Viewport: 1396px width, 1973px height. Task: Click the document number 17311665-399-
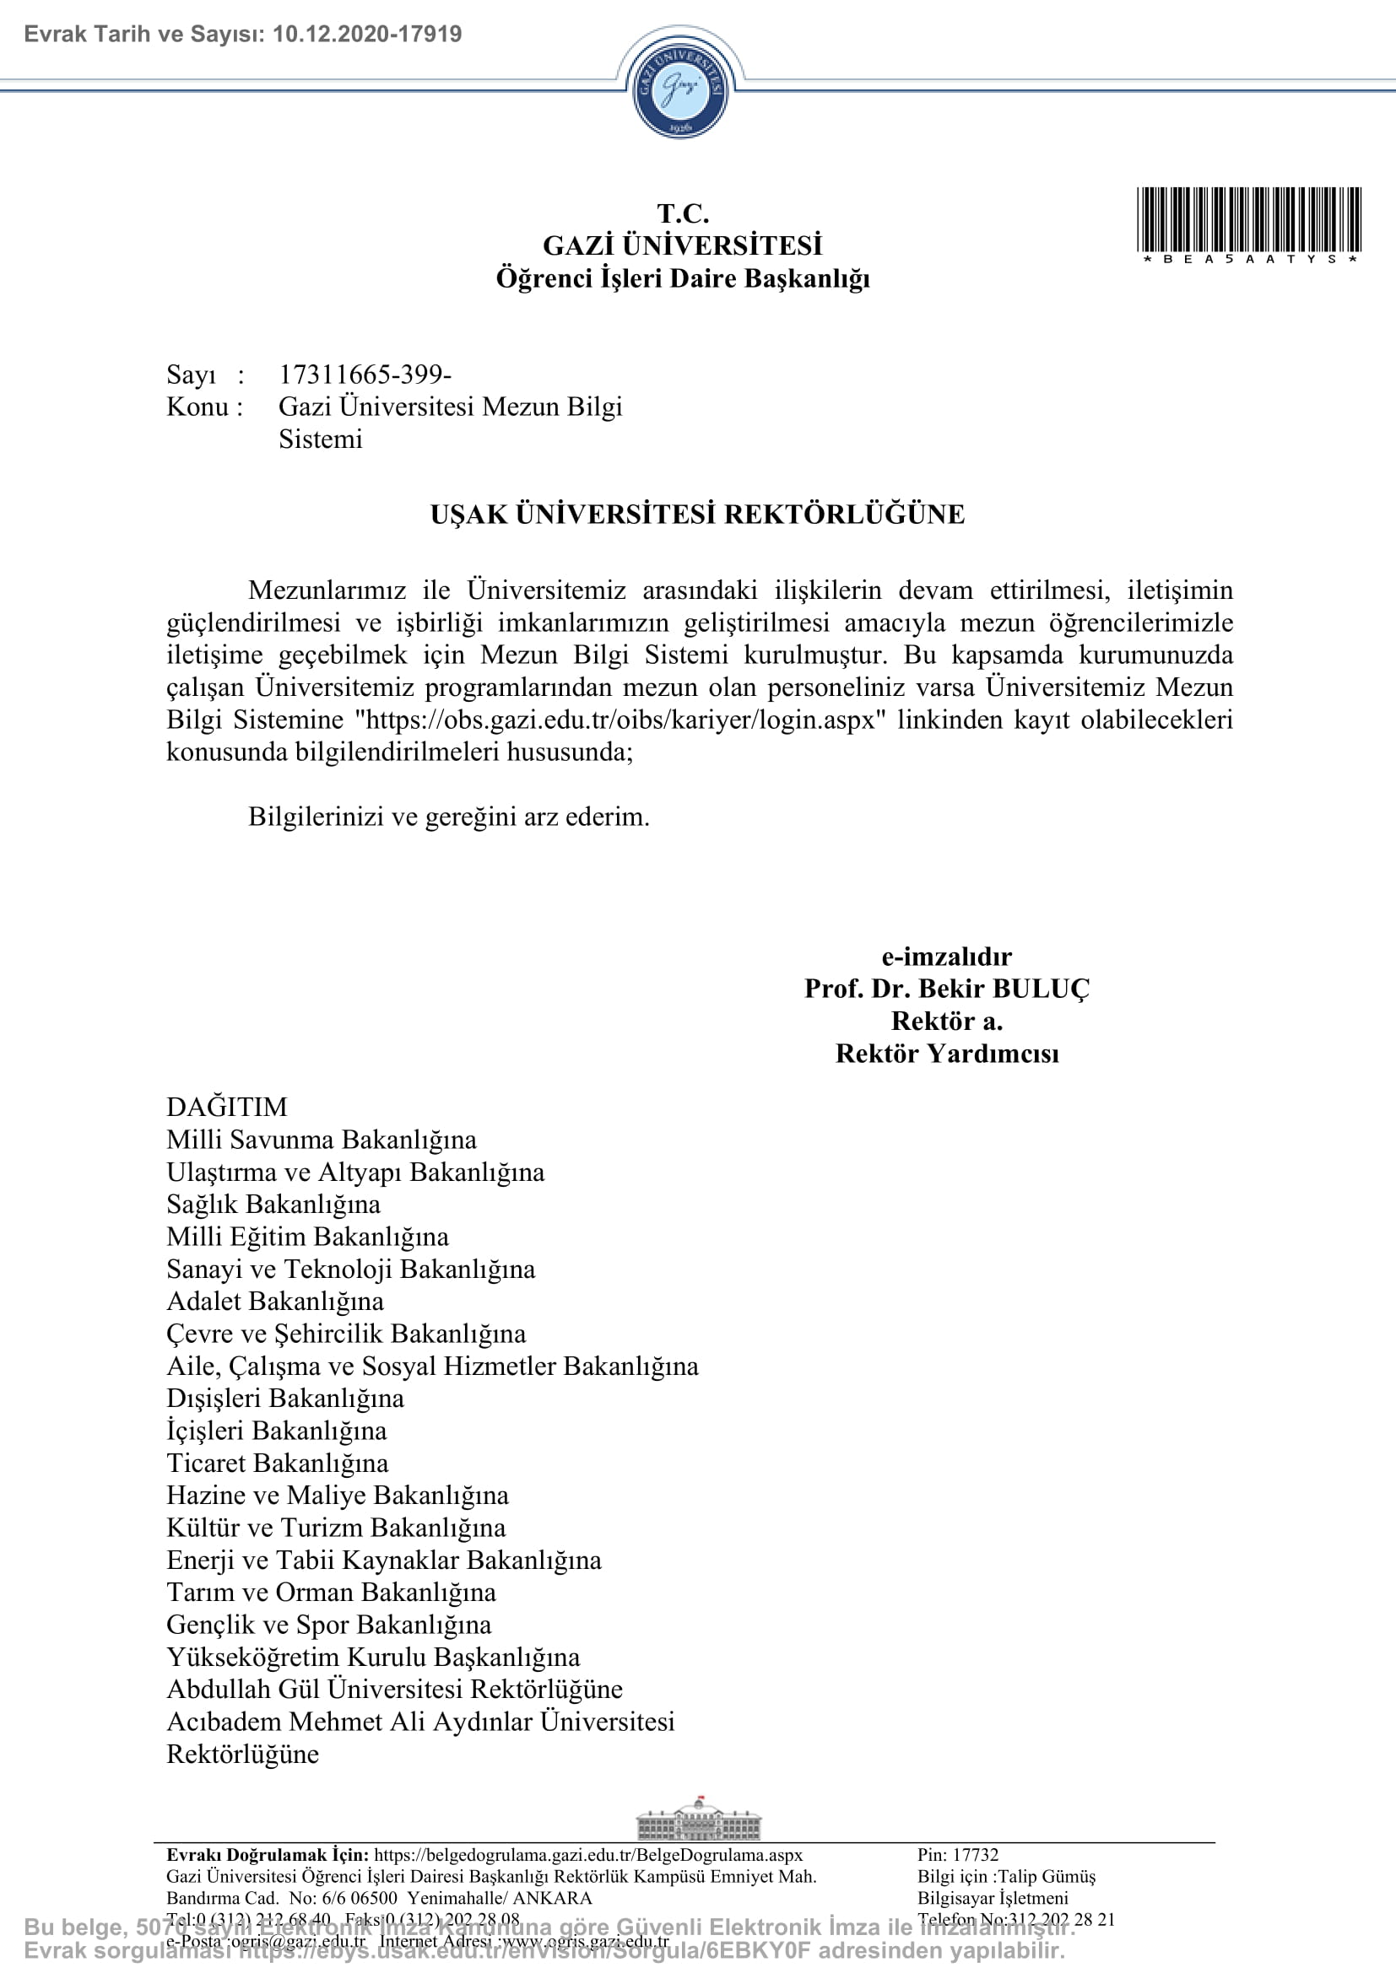pos(365,374)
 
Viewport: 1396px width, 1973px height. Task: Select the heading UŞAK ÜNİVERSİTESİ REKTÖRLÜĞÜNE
pos(697,514)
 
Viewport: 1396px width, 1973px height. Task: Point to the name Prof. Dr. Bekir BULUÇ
pos(946,989)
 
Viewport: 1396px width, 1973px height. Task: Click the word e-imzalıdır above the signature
pos(946,956)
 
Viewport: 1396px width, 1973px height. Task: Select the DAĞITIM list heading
pos(227,1107)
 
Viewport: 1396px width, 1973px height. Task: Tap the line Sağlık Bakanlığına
pos(273,1204)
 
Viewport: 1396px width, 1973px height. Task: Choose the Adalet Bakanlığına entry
pos(275,1301)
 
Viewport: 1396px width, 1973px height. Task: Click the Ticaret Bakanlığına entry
pos(278,1463)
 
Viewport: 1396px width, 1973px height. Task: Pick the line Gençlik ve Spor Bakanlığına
pos(329,1624)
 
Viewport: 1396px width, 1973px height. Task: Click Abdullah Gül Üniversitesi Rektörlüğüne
pos(394,1689)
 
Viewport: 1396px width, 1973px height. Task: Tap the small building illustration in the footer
pos(698,1819)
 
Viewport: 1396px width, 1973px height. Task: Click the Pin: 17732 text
pos(958,1854)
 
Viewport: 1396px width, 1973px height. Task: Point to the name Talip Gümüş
pos(1046,1876)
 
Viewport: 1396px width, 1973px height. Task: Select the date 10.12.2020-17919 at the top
pos(367,35)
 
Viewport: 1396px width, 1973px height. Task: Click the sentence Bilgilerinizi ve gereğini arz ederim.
pos(449,817)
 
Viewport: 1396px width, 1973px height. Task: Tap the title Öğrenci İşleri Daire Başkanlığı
pos(683,278)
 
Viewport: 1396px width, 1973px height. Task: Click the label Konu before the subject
pos(197,407)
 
